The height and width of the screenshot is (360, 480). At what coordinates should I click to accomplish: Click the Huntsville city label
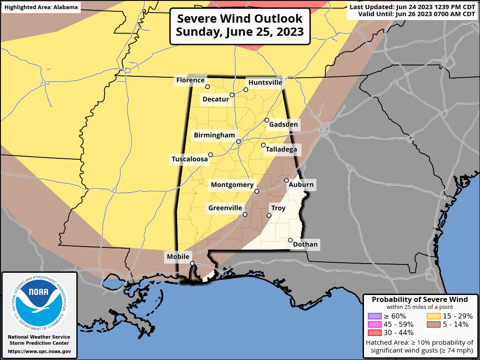265,82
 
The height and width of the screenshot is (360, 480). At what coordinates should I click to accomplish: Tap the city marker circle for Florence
208,86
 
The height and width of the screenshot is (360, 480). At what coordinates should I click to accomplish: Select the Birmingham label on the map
214,135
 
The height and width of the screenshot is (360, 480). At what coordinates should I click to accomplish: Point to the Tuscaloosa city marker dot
210,154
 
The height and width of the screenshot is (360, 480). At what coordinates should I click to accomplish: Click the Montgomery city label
232,185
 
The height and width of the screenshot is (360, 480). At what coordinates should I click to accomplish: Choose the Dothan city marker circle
290,240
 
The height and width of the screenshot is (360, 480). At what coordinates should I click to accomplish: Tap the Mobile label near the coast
178,257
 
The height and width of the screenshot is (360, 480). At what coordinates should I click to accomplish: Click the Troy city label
278,208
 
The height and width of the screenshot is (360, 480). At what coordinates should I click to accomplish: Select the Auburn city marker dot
287,180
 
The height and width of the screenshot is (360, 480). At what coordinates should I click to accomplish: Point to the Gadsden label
283,125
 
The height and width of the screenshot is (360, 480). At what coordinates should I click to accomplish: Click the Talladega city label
281,150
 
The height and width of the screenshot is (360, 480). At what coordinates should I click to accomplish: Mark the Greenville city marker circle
245,214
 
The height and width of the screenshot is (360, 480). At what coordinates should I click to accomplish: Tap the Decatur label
216,99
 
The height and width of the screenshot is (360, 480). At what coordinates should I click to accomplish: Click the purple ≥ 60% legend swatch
375,316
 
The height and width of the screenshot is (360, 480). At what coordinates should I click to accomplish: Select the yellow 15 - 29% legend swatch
433,316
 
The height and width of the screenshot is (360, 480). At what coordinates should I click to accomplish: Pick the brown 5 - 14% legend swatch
433,324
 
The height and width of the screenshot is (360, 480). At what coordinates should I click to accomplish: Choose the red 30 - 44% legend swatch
375,333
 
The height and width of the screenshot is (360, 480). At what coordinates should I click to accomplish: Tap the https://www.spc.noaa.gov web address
39,351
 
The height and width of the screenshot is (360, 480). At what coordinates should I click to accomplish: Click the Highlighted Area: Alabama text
41,7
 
